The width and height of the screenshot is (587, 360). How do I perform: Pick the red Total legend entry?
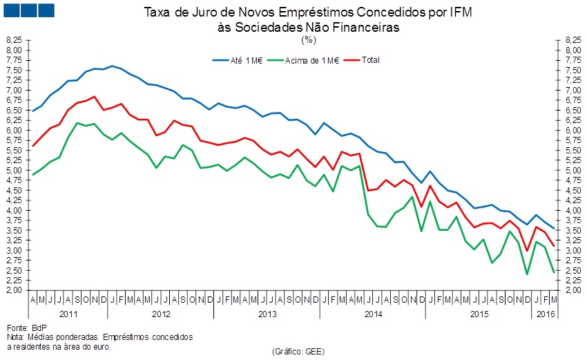coord(369,60)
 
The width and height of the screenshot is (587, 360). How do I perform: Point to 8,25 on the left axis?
coord(15,41)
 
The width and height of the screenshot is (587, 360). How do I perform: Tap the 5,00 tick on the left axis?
coord(15,171)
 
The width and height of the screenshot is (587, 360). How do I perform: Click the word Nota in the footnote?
coord(15,337)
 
